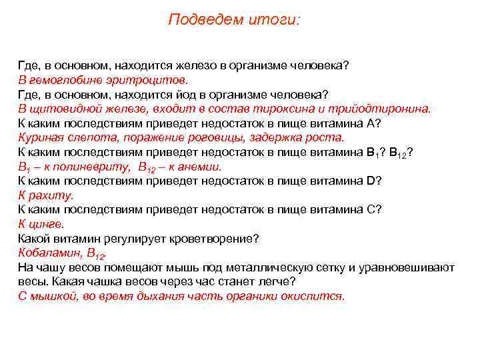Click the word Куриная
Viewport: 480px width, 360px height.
pos(40,137)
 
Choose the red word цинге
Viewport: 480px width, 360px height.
pos(47,224)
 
